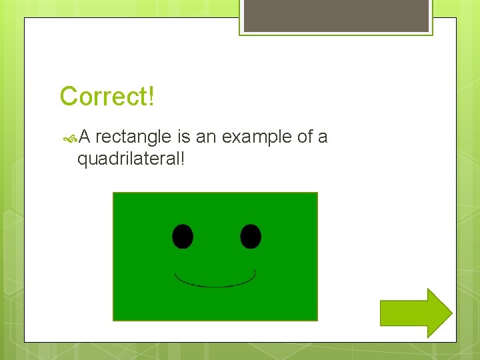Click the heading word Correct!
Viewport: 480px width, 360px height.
coord(107,97)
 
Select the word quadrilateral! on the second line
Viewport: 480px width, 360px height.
coord(131,159)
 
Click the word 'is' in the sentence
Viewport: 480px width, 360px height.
coord(184,137)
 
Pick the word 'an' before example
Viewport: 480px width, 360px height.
coord(206,137)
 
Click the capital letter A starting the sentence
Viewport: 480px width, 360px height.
coord(84,137)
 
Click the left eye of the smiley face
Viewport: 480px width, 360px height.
coord(183,236)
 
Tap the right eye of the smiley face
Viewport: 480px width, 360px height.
coord(251,236)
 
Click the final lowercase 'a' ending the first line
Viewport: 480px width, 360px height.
coord(323,138)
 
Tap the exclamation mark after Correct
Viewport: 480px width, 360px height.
coord(151,97)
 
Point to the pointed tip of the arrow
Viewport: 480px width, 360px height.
coord(451,313)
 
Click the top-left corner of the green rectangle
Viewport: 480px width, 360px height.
coord(113,193)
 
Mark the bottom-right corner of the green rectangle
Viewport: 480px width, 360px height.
coord(317,320)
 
